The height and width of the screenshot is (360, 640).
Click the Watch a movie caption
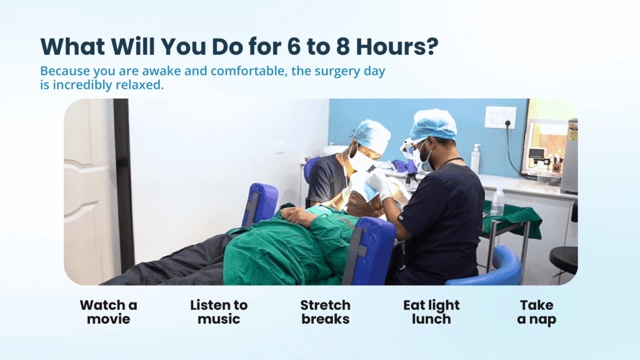click(108, 312)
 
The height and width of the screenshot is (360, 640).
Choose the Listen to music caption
click(219, 312)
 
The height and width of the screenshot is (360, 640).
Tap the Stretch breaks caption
click(325, 312)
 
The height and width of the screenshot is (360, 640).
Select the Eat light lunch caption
click(431, 312)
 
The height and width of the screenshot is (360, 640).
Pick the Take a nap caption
click(536, 312)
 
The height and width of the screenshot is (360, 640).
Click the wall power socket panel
click(500, 117)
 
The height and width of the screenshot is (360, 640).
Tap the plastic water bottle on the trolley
click(497, 202)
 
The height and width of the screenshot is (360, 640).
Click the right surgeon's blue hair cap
click(433, 124)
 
